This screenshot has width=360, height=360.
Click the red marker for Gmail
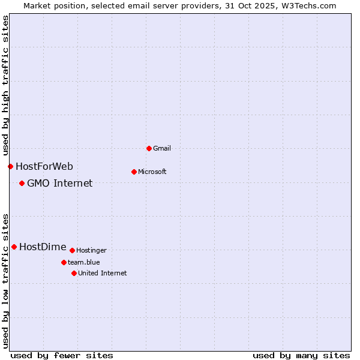coord(149,148)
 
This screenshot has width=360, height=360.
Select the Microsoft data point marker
coord(134,172)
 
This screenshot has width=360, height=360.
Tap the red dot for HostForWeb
coord(10,166)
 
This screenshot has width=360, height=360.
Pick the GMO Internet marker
coord(22,183)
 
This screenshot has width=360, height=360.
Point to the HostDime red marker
coord(14,247)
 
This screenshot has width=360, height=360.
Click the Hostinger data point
coord(72,250)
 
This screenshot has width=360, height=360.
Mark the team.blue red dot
coord(64,262)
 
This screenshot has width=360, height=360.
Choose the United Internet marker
coord(74,273)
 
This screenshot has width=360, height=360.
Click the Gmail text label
coord(161,148)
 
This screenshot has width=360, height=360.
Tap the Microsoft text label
coord(152,172)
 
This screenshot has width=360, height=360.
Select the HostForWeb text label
coord(44,166)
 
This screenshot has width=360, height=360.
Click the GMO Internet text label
coord(59,183)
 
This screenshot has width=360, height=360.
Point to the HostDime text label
coord(43,247)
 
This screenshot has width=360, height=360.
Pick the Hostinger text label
coord(91,250)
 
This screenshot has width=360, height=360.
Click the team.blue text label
coord(83,262)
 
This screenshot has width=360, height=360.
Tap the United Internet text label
coord(102,273)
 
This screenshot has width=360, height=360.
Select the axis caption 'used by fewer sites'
coord(61,355)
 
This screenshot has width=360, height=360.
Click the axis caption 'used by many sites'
coord(301,355)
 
